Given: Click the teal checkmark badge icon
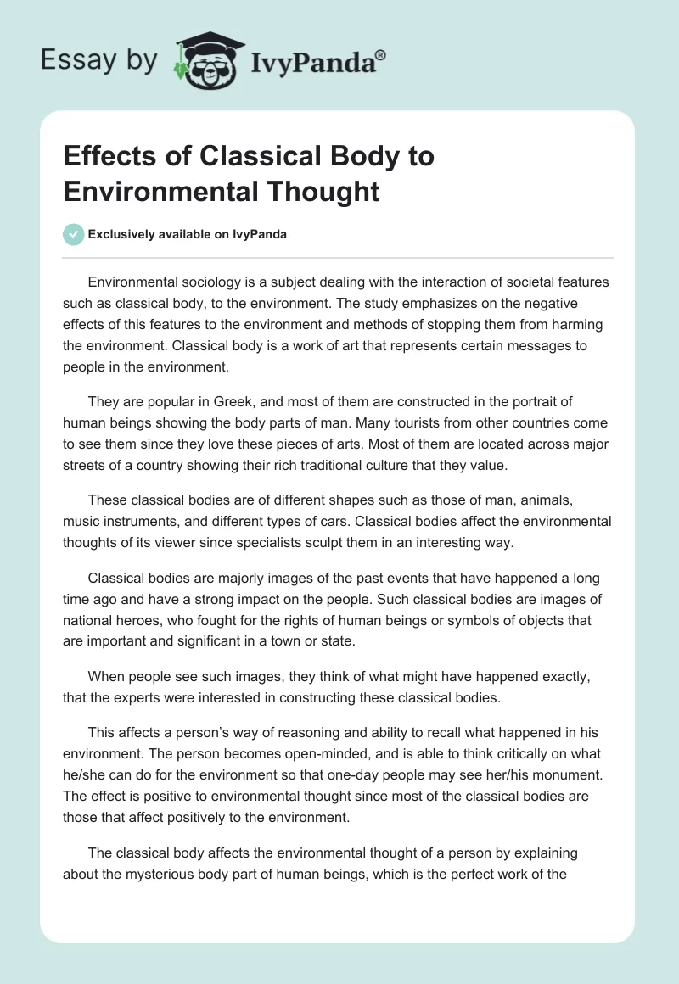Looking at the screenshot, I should [74, 234].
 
